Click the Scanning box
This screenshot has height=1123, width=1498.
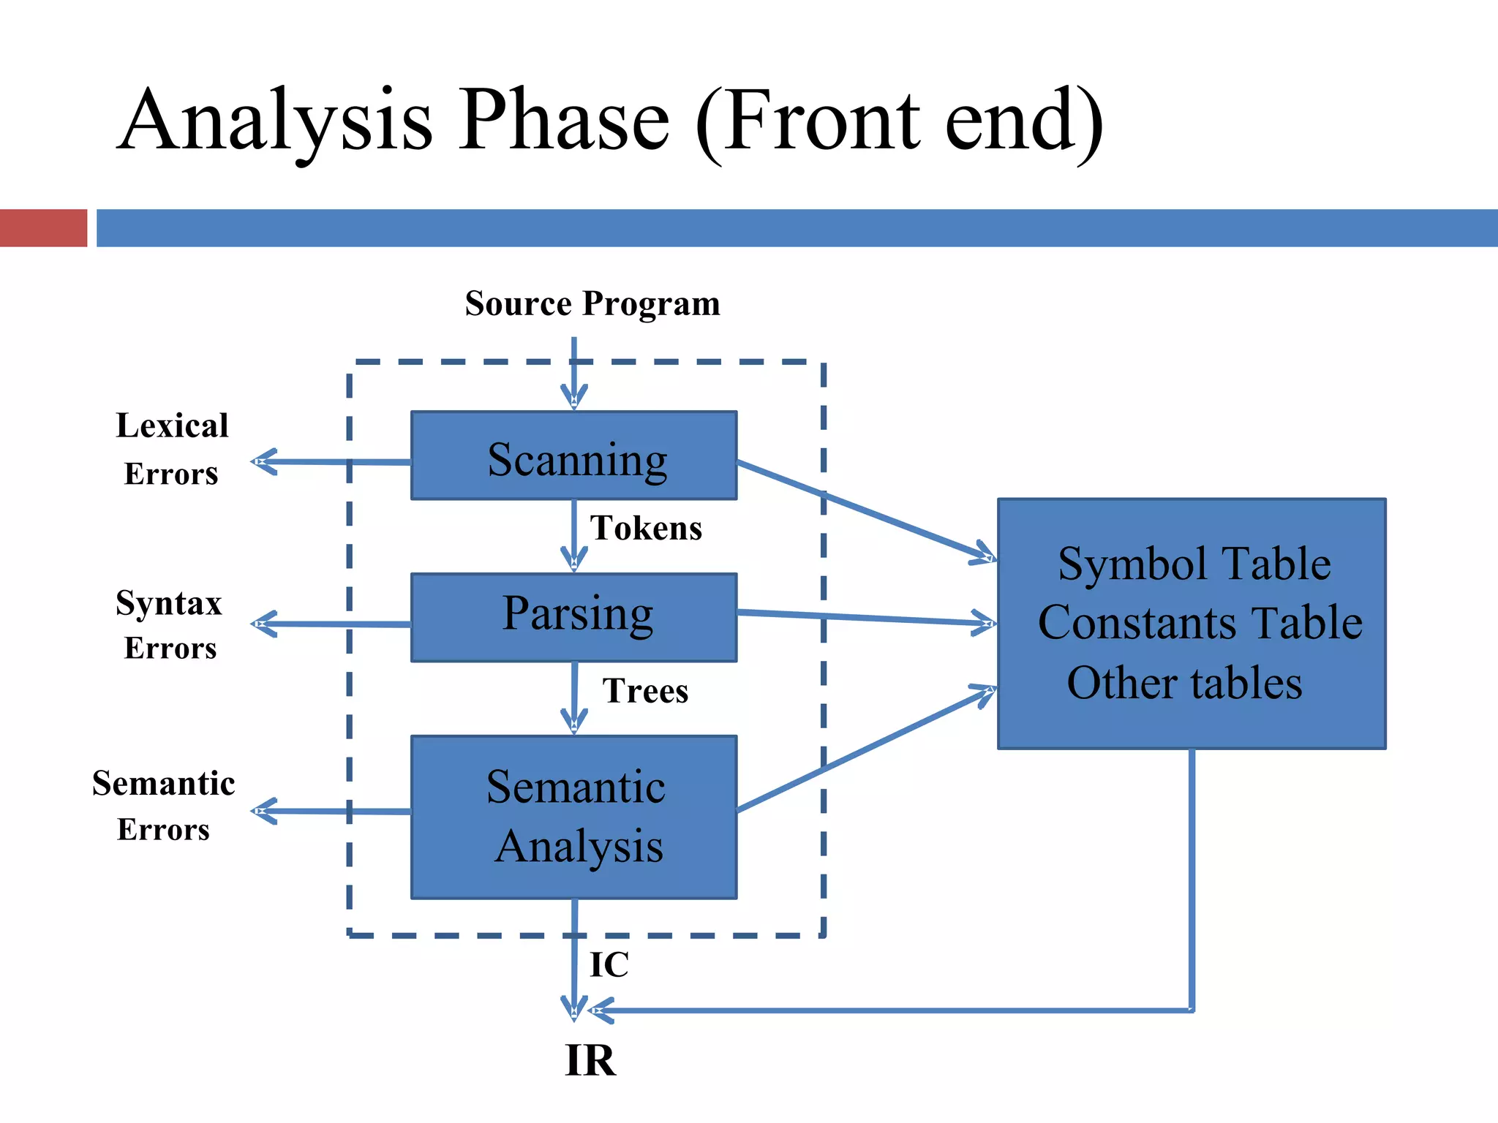click(x=573, y=456)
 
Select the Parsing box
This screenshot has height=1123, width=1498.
click(x=573, y=618)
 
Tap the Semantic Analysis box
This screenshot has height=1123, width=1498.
click(x=573, y=817)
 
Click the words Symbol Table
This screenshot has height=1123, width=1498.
click(x=1194, y=564)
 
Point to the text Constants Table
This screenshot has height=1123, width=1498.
click(x=1200, y=623)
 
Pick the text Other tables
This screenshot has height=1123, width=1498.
click(x=1184, y=684)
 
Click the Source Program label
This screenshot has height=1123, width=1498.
click(x=592, y=303)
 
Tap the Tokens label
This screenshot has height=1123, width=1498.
click(x=646, y=529)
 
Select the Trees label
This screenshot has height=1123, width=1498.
click(x=645, y=691)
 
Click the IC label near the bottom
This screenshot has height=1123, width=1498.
click(x=609, y=964)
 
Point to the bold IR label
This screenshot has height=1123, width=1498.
click(x=590, y=1060)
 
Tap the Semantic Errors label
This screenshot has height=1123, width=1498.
click(x=164, y=805)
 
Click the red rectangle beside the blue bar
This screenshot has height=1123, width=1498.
click(x=43, y=228)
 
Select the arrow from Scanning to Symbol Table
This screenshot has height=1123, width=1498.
click(x=863, y=510)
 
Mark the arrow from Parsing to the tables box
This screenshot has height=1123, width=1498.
click(x=863, y=617)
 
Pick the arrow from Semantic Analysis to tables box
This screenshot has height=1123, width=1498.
click(x=863, y=752)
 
